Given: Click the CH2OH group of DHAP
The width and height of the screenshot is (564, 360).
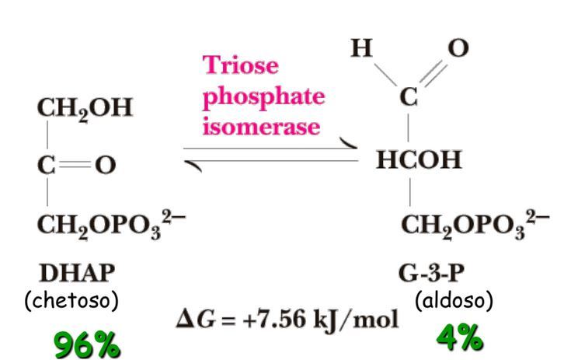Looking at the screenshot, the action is tap(83, 108).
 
